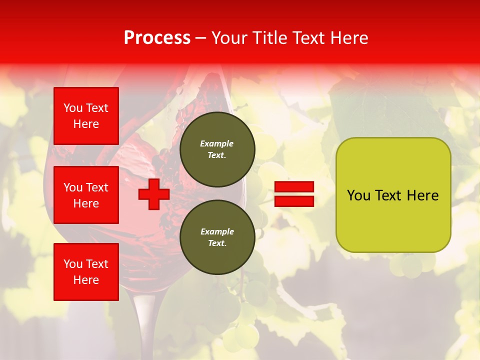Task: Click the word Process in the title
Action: point(157,38)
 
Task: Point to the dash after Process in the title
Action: point(200,38)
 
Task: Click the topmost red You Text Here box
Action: point(86,116)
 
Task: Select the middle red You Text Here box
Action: point(86,195)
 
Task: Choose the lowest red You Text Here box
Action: point(86,272)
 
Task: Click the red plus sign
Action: point(153,194)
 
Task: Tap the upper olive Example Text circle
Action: point(217,149)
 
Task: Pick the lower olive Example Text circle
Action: point(217,237)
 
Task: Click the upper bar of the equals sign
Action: point(294,186)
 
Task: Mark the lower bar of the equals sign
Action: point(294,201)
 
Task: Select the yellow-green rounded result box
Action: point(393,195)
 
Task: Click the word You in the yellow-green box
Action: point(358,195)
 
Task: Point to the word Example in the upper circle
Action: point(217,143)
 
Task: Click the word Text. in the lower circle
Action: point(217,243)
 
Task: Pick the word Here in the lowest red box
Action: point(86,280)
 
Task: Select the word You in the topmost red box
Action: point(72,108)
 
